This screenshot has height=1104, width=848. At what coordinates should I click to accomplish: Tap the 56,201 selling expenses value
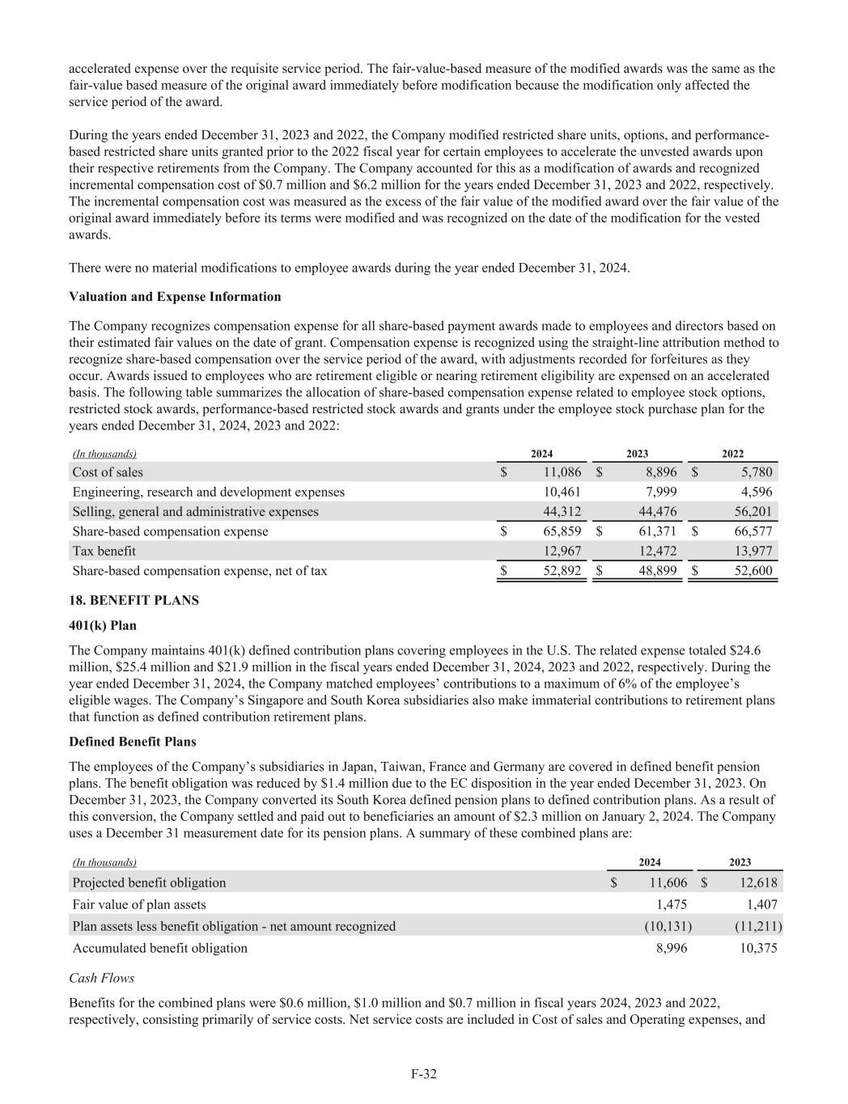(x=751, y=511)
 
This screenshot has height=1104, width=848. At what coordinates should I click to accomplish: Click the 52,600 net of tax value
(x=751, y=571)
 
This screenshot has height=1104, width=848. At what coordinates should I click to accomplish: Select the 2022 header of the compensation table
(x=732, y=454)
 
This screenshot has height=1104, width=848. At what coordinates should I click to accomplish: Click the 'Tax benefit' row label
(x=104, y=551)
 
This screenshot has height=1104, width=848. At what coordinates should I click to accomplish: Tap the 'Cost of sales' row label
(x=108, y=472)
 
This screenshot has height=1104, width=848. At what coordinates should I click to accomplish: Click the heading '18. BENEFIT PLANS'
(x=134, y=600)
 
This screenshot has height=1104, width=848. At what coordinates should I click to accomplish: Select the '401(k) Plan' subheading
(x=103, y=626)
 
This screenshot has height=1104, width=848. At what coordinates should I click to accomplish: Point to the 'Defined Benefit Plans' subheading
(x=133, y=742)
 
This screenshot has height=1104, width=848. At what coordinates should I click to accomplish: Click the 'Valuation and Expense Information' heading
(x=176, y=297)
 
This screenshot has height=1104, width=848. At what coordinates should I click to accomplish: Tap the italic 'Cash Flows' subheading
(x=102, y=978)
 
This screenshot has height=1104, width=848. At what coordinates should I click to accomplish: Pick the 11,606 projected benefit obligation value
(x=668, y=882)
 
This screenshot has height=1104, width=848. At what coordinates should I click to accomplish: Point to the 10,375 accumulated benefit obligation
(x=758, y=948)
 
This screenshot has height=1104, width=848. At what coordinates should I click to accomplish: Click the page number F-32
(x=424, y=1074)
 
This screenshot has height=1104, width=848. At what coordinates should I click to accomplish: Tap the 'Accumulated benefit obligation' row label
(x=160, y=948)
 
